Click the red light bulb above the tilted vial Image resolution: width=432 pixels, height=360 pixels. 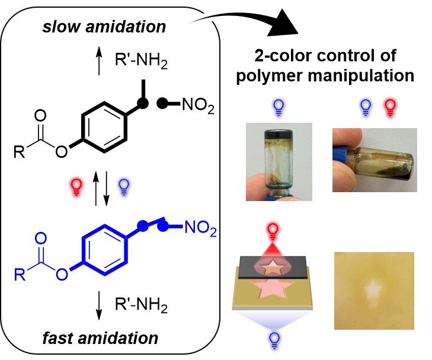pyautogui.click(x=391, y=107)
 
